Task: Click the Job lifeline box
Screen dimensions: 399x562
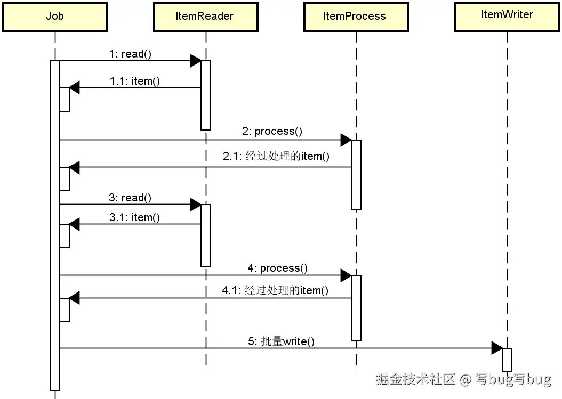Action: pyautogui.click(x=54, y=17)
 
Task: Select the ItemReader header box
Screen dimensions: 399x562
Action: pyautogui.click(x=205, y=17)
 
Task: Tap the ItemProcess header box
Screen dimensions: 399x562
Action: pyautogui.click(x=355, y=17)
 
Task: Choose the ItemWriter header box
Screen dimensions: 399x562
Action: pyautogui.click(x=507, y=15)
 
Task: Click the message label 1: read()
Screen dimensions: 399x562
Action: pyautogui.click(x=130, y=54)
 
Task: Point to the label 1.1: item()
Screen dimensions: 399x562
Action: pyautogui.click(x=135, y=81)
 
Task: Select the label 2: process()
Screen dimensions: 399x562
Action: pyautogui.click(x=272, y=131)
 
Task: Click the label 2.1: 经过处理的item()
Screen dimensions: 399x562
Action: pyautogui.click(x=276, y=156)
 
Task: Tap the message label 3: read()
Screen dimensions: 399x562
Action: pyautogui.click(x=130, y=198)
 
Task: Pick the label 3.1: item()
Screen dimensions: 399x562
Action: pyautogui.click(x=134, y=217)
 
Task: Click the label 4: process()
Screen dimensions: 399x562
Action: pyautogui.click(x=277, y=268)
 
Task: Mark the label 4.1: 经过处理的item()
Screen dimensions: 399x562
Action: pyautogui.click(x=275, y=290)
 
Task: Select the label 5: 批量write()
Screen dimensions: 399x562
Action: pyautogui.click(x=281, y=341)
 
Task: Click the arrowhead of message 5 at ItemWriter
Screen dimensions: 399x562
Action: pyautogui.click(x=496, y=348)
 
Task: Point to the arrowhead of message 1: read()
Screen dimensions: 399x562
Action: pyautogui.click(x=196, y=61)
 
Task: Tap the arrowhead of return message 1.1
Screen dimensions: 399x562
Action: pyautogui.click(x=74, y=88)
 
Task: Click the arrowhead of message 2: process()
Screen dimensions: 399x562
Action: pyautogui.click(x=346, y=140)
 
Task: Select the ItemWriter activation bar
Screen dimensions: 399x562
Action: pyautogui.click(x=507, y=360)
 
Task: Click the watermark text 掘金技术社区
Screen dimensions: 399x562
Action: pyautogui.click(x=415, y=379)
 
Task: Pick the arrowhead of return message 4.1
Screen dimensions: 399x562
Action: pyautogui.click(x=74, y=298)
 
